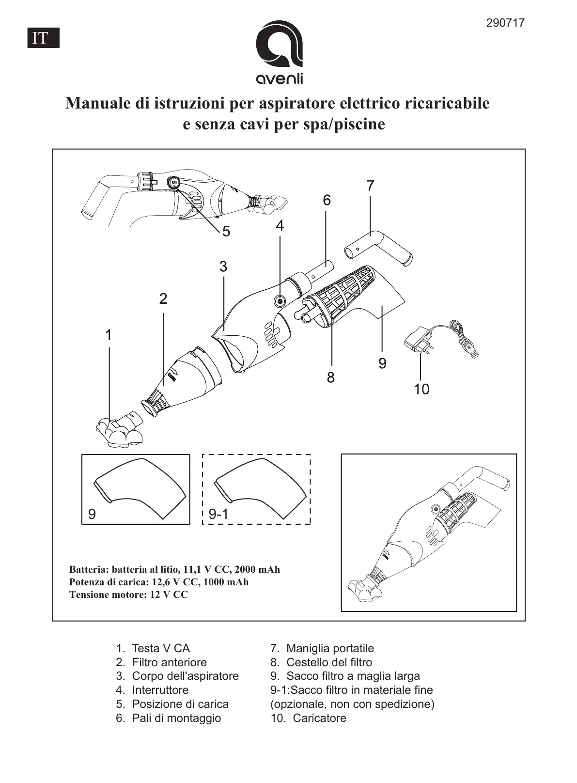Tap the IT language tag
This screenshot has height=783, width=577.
43,38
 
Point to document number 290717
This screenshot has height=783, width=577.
505,23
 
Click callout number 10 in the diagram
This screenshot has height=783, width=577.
421,389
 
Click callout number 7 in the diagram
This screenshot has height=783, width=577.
370,186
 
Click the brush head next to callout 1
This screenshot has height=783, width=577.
119,429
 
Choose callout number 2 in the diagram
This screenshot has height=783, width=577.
163,298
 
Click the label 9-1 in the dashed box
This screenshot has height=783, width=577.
218,514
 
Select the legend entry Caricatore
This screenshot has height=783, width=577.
319,718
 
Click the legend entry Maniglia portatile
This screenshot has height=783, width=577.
330,648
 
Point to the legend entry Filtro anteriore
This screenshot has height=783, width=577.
169,662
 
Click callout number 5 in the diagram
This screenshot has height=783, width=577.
226,232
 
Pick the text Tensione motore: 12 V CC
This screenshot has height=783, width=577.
128,595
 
